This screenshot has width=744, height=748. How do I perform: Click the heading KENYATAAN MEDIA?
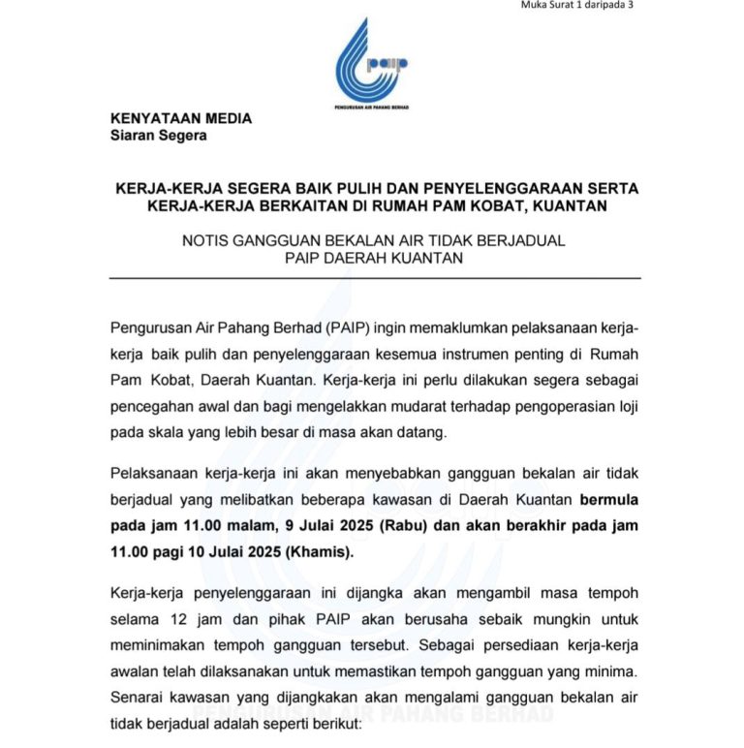coord(181,119)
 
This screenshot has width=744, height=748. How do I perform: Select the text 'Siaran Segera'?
coord(158,136)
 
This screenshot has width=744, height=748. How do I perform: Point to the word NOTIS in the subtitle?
coord(204,240)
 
